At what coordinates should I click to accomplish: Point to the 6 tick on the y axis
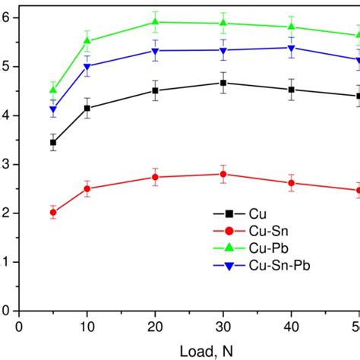(5, 17)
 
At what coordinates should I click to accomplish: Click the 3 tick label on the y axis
(5, 164)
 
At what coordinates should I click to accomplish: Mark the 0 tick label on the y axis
(5, 311)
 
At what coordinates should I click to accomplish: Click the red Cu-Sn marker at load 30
(223, 174)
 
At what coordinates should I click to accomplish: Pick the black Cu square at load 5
(53, 142)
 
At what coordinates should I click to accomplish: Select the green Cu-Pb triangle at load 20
(155, 22)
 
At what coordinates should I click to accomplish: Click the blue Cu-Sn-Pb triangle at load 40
(290, 48)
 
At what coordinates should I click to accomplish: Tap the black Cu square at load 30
(223, 83)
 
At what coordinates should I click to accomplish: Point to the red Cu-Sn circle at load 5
(53, 213)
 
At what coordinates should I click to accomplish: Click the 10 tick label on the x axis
(87, 327)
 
